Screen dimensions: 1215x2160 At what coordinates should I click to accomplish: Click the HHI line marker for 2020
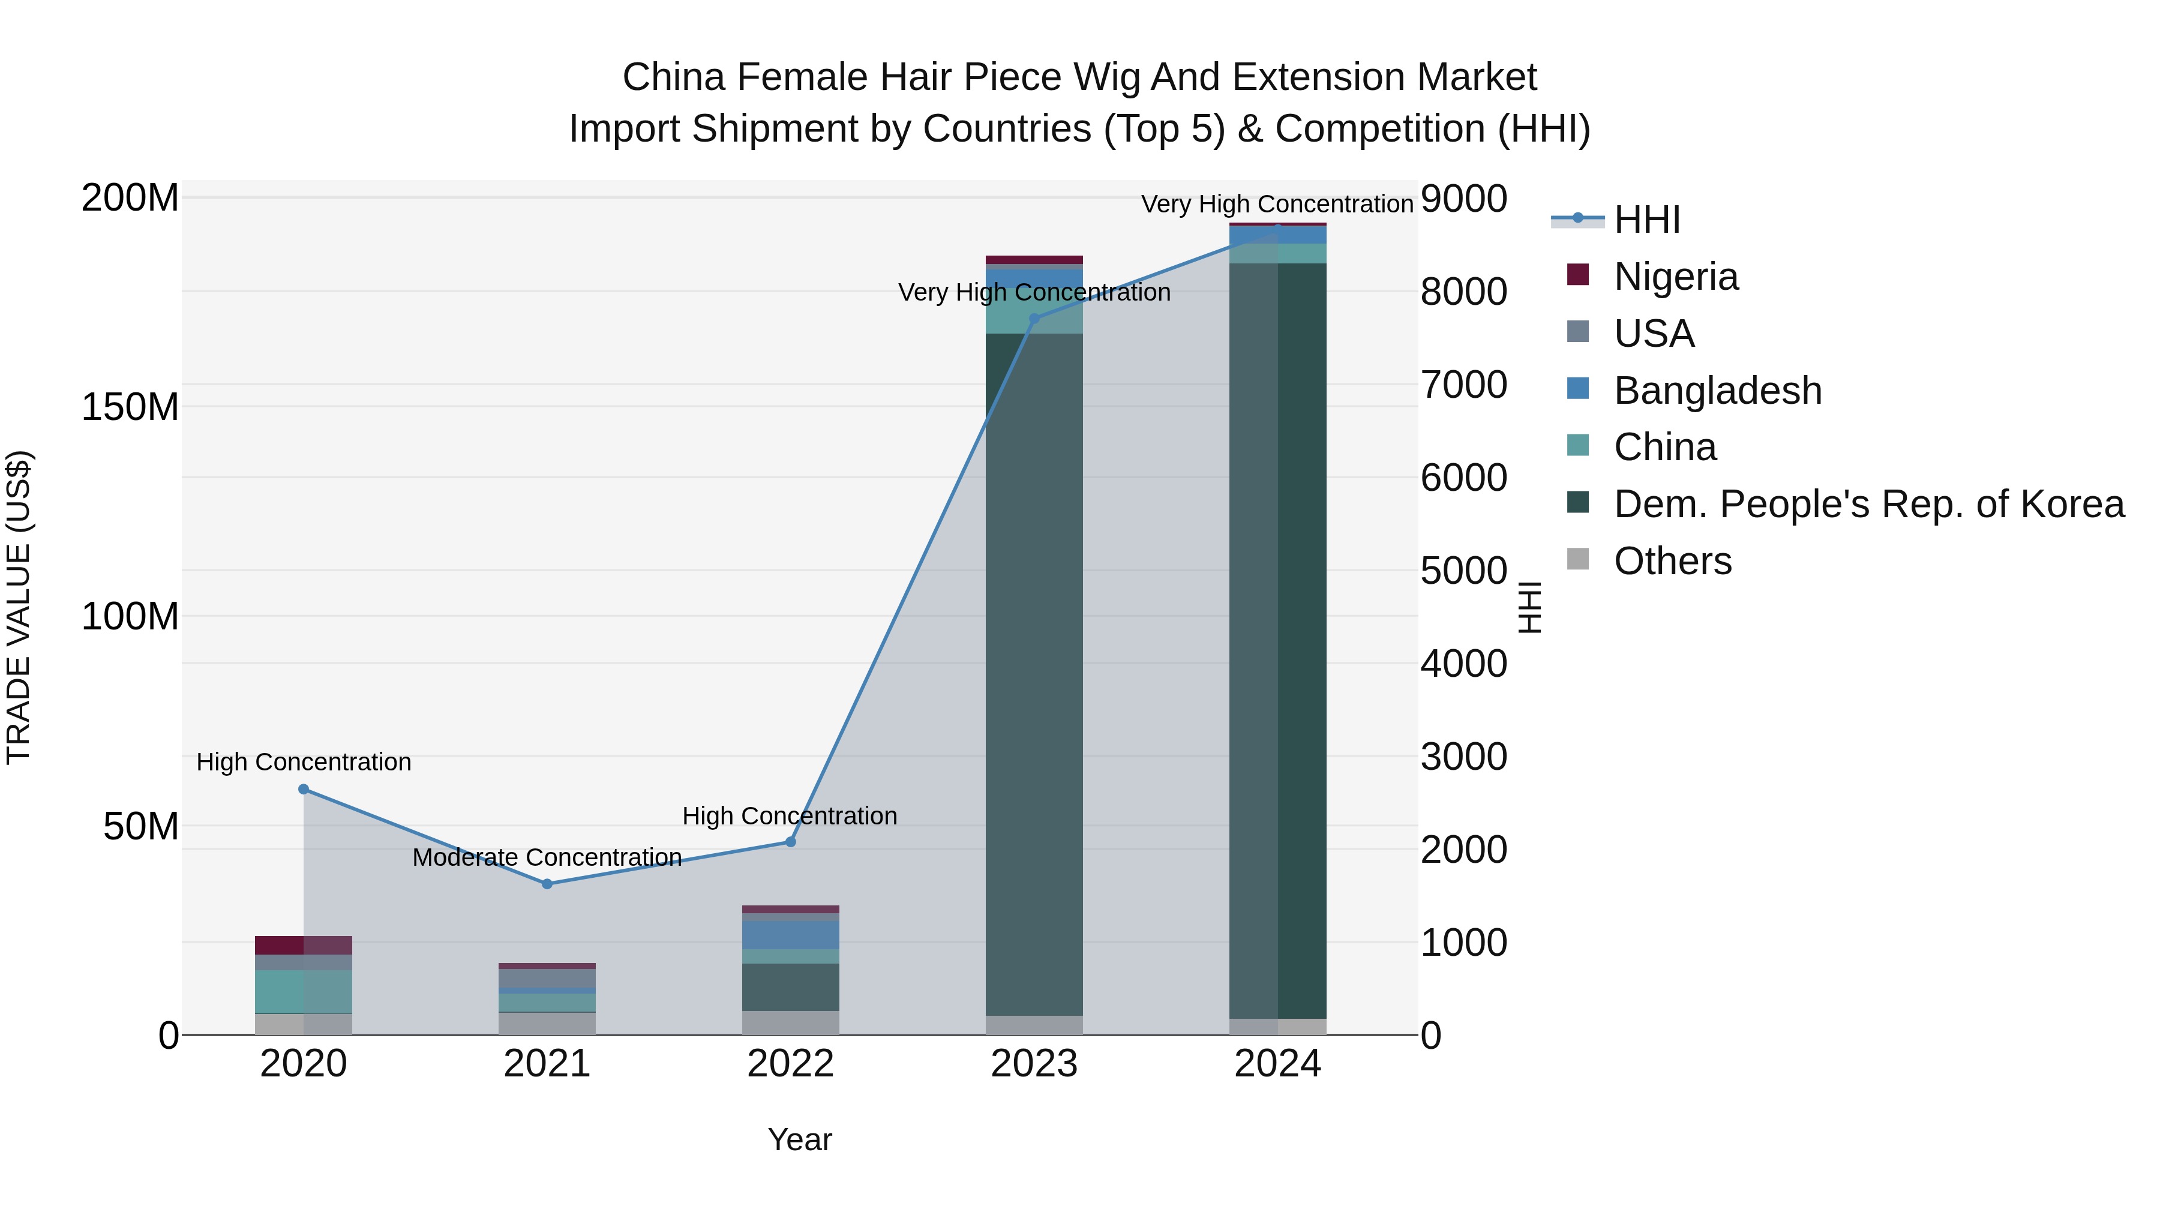[x=304, y=789]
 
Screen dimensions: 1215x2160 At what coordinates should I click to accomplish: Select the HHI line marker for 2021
[x=547, y=884]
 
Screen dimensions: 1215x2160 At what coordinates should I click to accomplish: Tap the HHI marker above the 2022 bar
[x=790, y=842]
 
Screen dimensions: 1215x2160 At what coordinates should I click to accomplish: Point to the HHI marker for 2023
[x=1034, y=319]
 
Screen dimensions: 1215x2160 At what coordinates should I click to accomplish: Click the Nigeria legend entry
[x=1675, y=276]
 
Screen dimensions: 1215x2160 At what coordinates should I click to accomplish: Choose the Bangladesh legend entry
[x=1717, y=390]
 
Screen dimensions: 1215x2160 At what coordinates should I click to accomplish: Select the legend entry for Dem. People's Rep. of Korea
[x=1868, y=504]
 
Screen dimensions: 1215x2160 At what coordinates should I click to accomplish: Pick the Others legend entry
[x=1672, y=561]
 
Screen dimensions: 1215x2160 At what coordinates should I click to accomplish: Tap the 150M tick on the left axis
[x=130, y=407]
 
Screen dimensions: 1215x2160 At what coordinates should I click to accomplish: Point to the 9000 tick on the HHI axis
[x=1464, y=200]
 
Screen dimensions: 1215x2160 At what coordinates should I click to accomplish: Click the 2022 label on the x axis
[x=790, y=1064]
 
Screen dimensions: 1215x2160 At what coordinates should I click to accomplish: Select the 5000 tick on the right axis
[x=1464, y=571]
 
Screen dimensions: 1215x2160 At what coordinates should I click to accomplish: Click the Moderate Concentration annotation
[x=547, y=857]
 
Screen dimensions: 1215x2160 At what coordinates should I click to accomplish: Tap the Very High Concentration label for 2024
[x=1277, y=204]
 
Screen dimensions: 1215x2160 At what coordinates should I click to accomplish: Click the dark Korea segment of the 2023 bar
[x=1034, y=671]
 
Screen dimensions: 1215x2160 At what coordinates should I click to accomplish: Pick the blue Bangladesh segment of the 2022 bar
[x=790, y=935]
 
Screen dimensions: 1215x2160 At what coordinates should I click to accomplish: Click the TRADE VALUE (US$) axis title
[x=19, y=607]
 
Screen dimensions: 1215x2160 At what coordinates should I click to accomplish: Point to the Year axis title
[x=799, y=1139]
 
